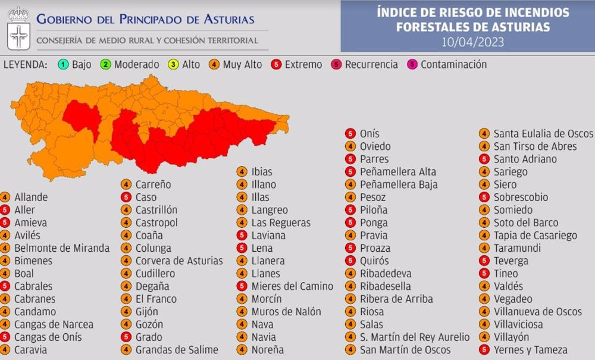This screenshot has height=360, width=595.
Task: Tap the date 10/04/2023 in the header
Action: point(473,41)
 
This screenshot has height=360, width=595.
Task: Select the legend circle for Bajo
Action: point(63,65)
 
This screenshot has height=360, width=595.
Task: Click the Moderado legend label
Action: point(136,65)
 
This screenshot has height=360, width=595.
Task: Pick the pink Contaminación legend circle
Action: point(412,65)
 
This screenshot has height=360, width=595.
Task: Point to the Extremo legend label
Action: point(303,65)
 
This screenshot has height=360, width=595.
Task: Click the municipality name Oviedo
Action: point(375,146)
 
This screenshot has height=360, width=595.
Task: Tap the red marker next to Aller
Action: point(5,210)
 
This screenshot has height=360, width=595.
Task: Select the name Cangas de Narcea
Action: point(54,324)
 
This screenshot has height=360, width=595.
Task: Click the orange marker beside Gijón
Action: point(126,312)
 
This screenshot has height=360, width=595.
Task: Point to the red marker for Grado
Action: point(126,337)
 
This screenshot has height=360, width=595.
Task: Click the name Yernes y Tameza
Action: point(531,350)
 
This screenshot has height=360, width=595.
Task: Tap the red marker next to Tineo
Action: point(484,274)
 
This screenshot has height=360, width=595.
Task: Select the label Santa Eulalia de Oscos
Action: point(543,133)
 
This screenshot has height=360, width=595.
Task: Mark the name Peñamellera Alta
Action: point(397,172)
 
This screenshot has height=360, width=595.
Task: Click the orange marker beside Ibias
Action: point(242,172)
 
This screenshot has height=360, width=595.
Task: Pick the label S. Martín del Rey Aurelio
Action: point(415,337)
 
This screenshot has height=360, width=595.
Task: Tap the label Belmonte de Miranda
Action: point(62,248)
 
